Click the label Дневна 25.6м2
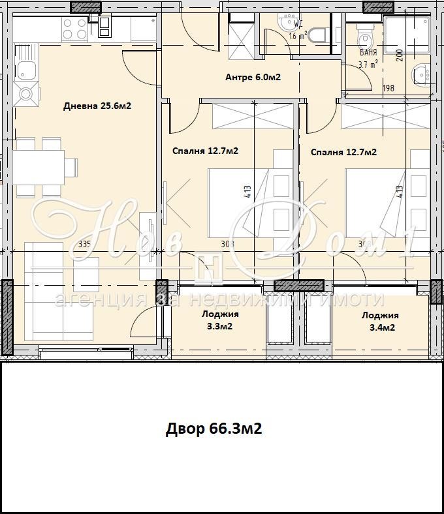coord(97,106)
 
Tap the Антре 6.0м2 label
coord(253,77)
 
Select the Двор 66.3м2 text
coord(214,429)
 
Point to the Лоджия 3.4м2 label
coord(380,322)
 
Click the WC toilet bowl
coord(318,35)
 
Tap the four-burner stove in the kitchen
coord(74,29)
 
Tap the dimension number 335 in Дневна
coord(84,245)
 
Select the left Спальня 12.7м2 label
coord(205,151)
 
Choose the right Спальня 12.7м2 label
coord(343,152)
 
